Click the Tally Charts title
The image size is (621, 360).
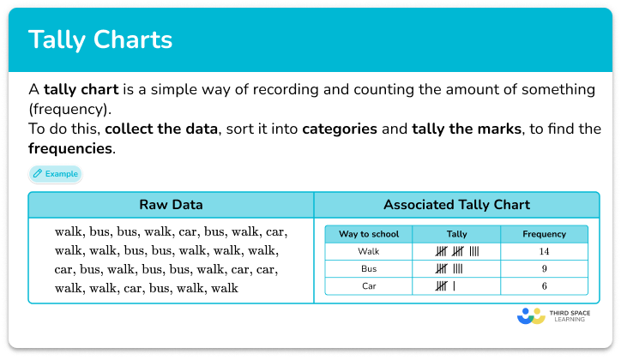click(100, 40)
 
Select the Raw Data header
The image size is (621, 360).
click(171, 205)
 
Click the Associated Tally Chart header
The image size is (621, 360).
click(456, 205)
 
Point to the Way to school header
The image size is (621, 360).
click(369, 234)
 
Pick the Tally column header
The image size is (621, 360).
click(456, 234)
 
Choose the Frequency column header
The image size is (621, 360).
click(544, 234)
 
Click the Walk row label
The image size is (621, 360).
click(369, 251)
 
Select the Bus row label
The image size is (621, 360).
click(369, 269)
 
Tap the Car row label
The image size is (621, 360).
click(369, 286)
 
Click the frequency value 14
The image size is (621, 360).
click(544, 251)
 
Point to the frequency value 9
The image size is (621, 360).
click(544, 269)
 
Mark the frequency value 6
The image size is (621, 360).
click(544, 286)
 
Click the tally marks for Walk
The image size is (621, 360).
click(456, 251)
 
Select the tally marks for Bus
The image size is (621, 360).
click(449, 269)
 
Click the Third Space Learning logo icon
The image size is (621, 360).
click(532, 315)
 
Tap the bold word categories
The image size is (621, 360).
click(340, 129)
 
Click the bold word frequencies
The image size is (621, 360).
click(70, 148)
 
